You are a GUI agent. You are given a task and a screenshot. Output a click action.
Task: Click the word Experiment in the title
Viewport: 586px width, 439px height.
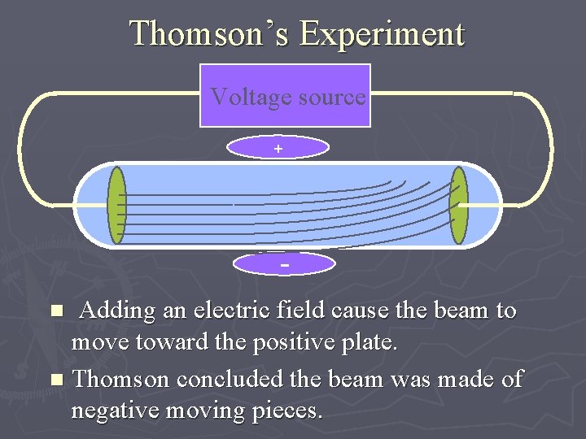[381, 34]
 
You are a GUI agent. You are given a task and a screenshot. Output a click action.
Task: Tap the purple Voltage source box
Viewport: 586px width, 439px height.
[285, 96]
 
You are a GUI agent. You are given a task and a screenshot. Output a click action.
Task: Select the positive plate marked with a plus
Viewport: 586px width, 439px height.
[278, 147]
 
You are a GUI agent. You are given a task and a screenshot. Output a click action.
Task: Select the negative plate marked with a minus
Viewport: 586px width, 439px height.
[284, 264]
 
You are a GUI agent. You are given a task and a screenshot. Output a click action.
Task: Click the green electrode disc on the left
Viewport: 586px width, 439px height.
[117, 205]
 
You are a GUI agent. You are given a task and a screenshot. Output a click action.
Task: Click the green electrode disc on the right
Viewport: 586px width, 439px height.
[459, 205]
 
